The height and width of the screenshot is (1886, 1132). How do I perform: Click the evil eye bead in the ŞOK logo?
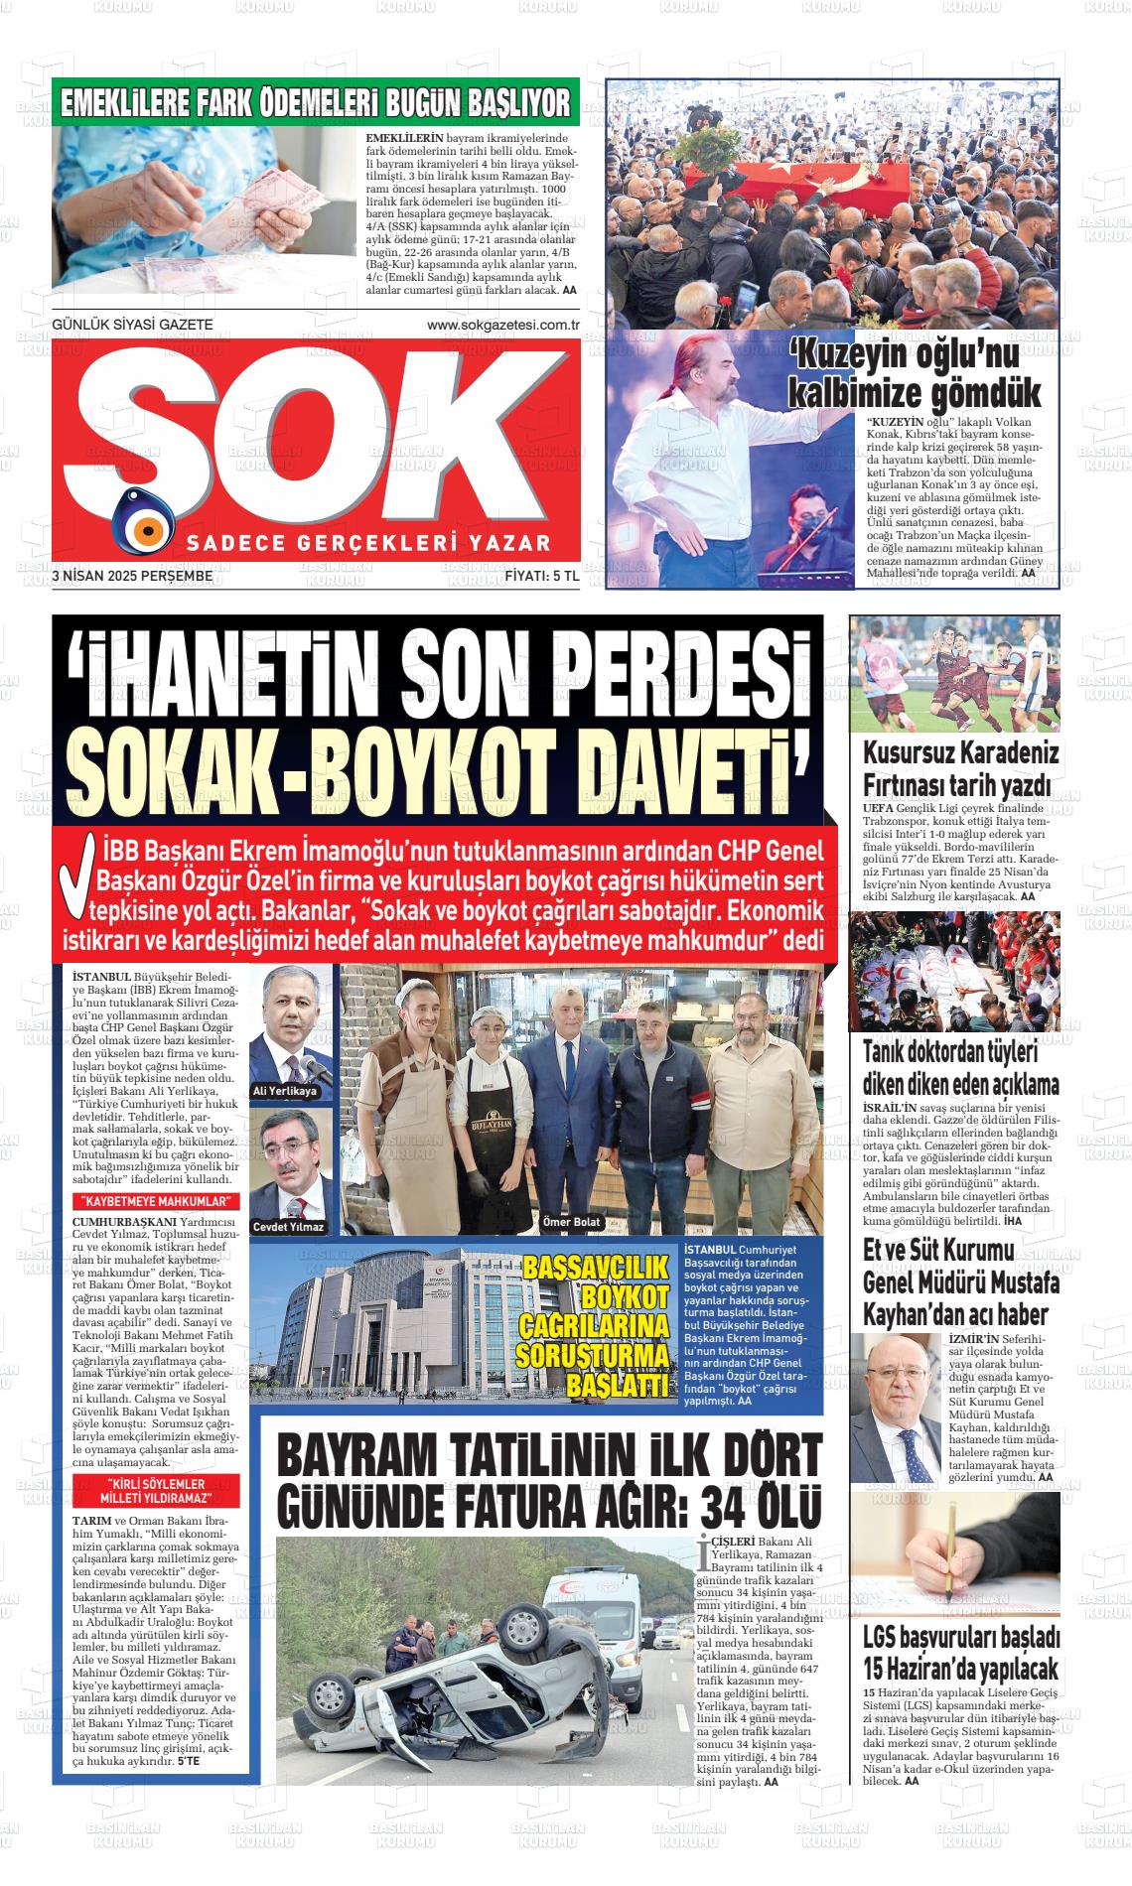144,520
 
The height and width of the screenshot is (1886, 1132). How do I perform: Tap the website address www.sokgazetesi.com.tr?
502,325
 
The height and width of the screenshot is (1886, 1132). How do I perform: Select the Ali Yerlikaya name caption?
285,1091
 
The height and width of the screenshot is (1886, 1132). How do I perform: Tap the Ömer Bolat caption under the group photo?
572,1222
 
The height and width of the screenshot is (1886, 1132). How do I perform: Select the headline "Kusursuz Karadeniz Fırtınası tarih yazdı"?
960,767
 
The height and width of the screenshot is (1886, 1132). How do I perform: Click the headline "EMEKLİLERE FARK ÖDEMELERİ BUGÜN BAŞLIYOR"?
316,103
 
